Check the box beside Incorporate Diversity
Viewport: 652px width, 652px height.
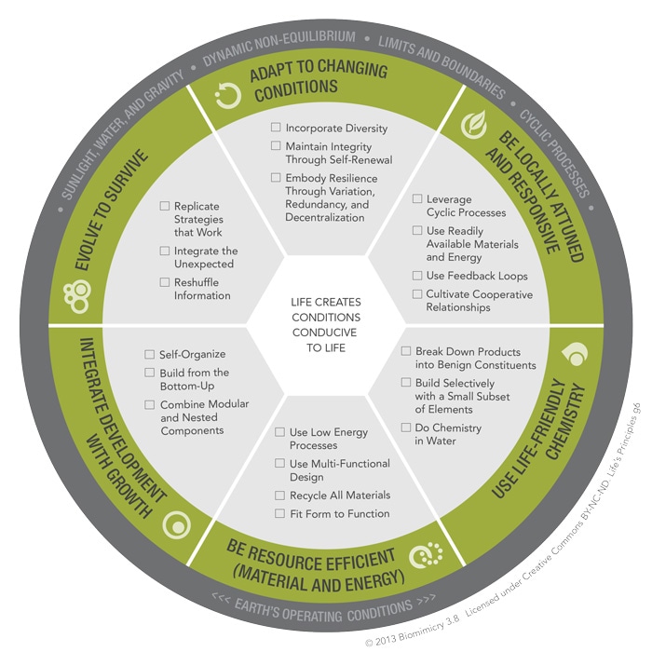[x=276, y=127]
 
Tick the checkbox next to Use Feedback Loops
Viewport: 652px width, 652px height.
[x=417, y=276]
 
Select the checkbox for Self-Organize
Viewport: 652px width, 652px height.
[x=149, y=354]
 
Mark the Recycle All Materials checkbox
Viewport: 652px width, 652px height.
[x=279, y=496]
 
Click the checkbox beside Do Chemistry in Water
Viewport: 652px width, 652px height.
[x=406, y=427]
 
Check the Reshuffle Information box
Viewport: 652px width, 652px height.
[x=165, y=282]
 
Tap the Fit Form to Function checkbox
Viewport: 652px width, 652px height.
[x=279, y=513]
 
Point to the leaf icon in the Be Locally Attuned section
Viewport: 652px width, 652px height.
[x=474, y=124]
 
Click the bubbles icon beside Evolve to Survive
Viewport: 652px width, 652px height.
[x=77, y=296]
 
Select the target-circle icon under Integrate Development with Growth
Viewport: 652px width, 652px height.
[x=177, y=525]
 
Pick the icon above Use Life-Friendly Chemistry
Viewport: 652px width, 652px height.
[x=575, y=355]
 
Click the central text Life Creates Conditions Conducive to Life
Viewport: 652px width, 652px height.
[x=326, y=325]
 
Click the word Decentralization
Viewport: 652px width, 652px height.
[x=325, y=217]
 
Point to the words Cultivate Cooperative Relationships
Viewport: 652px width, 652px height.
[x=479, y=301]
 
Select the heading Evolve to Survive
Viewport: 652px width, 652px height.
[x=111, y=211]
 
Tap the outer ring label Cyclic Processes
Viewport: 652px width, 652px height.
[x=554, y=154]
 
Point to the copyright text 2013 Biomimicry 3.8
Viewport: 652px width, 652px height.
[x=412, y=631]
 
